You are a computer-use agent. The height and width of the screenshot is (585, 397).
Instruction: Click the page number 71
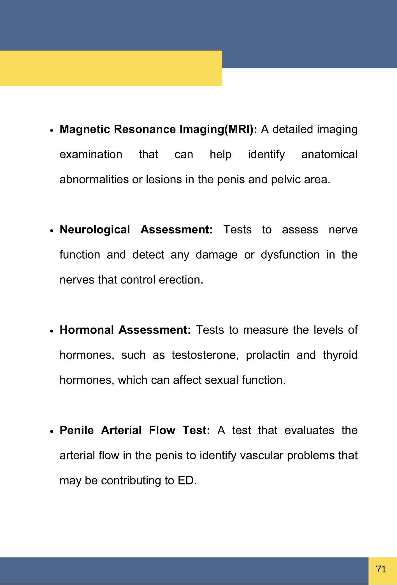click(381, 569)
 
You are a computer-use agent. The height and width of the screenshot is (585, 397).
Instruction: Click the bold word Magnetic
click(85, 129)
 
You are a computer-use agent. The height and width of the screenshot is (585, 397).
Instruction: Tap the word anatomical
click(329, 154)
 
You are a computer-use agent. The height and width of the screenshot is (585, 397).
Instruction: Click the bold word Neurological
click(95, 230)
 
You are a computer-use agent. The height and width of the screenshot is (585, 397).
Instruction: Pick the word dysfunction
click(290, 255)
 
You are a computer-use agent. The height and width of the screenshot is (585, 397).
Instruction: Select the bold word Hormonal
click(87, 330)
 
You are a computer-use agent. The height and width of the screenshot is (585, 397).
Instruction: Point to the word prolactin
click(268, 355)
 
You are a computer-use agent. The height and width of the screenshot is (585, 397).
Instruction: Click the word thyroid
click(340, 355)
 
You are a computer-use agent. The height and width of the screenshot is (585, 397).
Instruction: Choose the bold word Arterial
click(121, 430)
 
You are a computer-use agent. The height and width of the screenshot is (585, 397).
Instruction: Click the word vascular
click(262, 456)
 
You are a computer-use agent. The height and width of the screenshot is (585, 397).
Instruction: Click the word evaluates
click(309, 430)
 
